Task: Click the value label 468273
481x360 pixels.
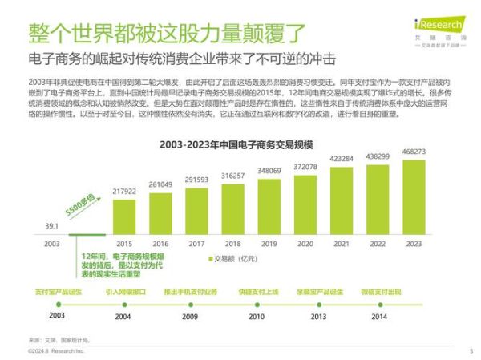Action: [x=414, y=152]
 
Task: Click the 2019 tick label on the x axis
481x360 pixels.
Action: [x=269, y=243]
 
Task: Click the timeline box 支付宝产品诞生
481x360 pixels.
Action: [x=56, y=292]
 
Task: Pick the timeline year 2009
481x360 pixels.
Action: [x=189, y=317]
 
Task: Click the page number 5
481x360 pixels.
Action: [x=471, y=351]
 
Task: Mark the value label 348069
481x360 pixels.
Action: [x=269, y=171]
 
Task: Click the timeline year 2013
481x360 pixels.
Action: [x=318, y=317]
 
